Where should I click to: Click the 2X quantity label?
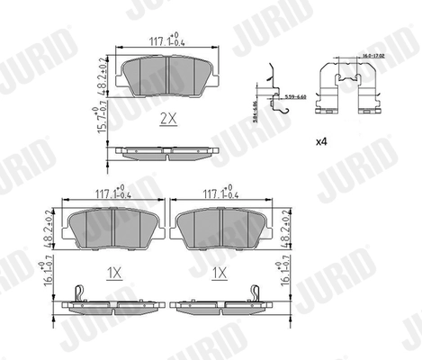click(x=166, y=118)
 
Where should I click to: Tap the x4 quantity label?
click(x=321, y=142)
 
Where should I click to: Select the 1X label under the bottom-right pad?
click(x=219, y=270)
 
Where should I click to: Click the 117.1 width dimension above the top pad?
click(x=166, y=40)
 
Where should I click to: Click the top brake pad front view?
click(x=167, y=79)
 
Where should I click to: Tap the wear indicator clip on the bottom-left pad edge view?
click(x=78, y=294)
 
